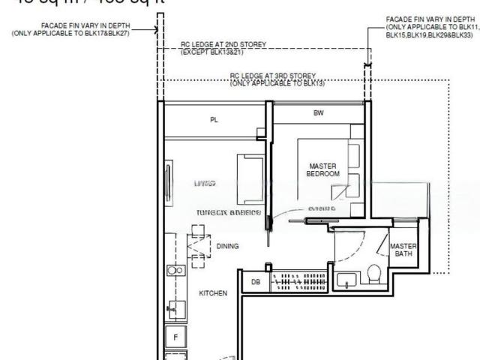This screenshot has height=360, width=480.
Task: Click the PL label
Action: point(214,120)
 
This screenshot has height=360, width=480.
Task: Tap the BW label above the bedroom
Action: point(319,113)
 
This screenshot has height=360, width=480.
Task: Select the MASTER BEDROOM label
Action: point(322,169)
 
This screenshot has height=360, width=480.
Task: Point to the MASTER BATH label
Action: point(403,250)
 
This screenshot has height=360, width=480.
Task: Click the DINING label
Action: point(228,246)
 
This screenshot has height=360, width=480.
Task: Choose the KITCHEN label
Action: point(212,293)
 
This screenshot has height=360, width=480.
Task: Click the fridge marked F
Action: point(176,337)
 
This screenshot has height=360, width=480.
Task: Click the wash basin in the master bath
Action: point(346,280)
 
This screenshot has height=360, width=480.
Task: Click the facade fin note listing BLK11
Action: point(429,26)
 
